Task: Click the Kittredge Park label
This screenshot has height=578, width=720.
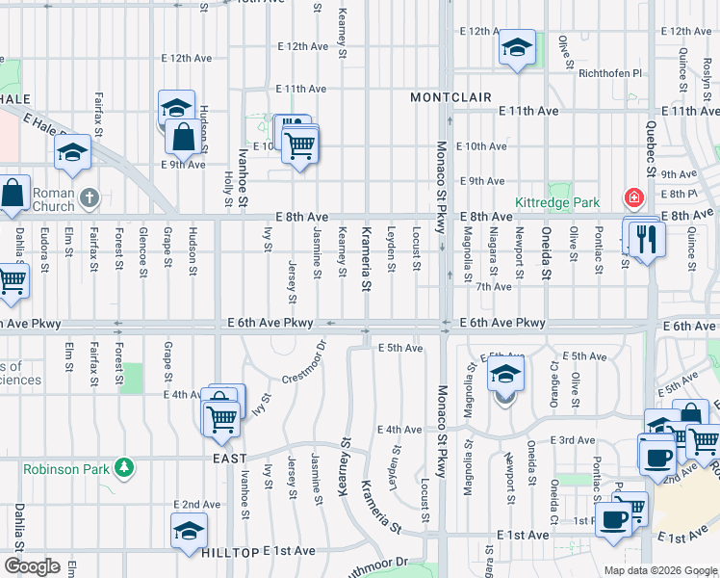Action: point(557,203)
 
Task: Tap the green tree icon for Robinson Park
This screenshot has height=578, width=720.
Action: point(123,468)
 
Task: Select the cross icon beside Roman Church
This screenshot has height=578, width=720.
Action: point(89,198)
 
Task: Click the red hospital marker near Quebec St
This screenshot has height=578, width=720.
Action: point(634,199)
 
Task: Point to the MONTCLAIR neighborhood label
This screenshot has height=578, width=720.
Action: point(450,97)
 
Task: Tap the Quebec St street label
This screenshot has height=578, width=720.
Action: point(651,154)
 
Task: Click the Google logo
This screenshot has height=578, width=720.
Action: point(31,566)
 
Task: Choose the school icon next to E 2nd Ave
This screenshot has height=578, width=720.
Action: point(189,529)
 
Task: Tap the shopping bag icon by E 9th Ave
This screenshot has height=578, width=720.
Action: point(183,137)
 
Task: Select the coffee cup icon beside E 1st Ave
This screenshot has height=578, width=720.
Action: point(613,519)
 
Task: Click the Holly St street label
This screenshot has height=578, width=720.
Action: point(228,188)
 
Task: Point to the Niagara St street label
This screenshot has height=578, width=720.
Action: point(493,249)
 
